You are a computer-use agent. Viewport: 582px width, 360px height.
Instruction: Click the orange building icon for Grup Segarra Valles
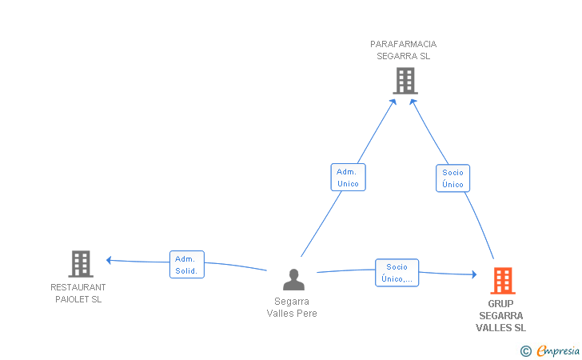pyautogui.click(x=503, y=281)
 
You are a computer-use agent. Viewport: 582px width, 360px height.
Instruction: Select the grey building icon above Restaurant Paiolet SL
pyautogui.click(x=81, y=264)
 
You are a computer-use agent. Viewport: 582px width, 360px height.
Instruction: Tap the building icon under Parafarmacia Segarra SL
pyautogui.click(x=405, y=81)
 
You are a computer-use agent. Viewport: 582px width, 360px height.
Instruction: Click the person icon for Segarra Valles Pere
pyautogui.click(x=293, y=279)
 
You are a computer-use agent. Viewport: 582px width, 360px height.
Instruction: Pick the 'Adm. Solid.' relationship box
pyautogui.click(x=187, y=265)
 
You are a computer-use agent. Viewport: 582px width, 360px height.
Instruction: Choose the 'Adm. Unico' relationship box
pyautogui.click(x=349, y=178)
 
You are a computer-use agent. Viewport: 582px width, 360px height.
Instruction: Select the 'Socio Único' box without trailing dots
pyautogui.click(x=452, y=178)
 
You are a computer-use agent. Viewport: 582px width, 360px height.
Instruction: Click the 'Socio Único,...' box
pyautogui.click(x=397, y=273)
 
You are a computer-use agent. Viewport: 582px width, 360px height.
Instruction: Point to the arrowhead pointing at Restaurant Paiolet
pyautogui.click(x=109, y=260)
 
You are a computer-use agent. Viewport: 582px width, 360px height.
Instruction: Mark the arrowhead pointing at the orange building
pyautogui.click(x=474, y=274)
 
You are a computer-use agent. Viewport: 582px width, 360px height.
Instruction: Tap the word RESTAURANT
pyautogui.click(x=78, y=287)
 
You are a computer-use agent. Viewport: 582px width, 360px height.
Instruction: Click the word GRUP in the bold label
pyautogui.click(x=500, y=304)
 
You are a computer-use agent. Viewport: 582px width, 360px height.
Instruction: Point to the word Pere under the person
pyautogui.click(x=307, y=314)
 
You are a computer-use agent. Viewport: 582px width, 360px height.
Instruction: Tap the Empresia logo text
pyautogui.click(x=558, y=350)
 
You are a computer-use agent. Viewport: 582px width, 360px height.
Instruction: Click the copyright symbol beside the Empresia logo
pyautogui.click(x=526, y=351)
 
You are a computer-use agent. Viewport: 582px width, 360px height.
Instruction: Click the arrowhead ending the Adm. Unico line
pyautogui.click(x=393, y=102)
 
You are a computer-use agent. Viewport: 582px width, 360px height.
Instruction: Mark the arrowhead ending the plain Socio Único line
pyautogui.click(x=413, y=102)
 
